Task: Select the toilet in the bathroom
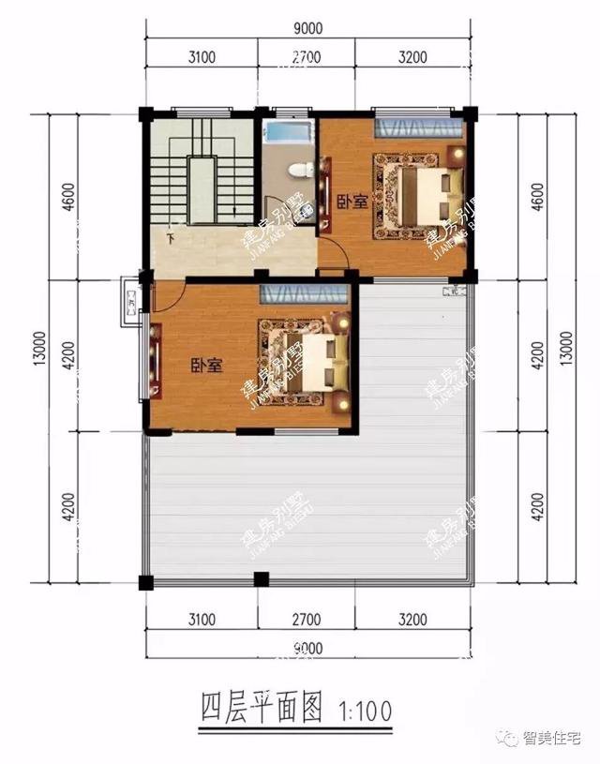pyautogui.click(x=299, y=170)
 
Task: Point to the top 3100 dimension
pyautogui.click(x=202, y=57)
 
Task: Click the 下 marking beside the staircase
pyautogui.click(x=170, y=238)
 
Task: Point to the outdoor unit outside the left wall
pyautogui.click(x=131, y=303)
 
